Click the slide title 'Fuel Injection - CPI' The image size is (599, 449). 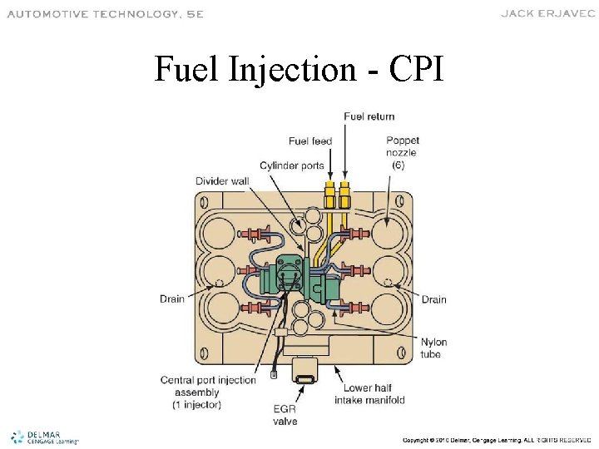299,70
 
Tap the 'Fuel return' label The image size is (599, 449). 369,116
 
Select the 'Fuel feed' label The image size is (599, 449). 310,141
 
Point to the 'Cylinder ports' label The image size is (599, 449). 291,165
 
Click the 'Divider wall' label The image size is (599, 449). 221,181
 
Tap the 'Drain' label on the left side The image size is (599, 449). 173,299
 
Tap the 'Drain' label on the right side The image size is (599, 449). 433,299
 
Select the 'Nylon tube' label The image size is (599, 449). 433,348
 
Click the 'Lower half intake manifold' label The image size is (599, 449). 374,393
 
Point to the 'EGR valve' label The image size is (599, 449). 285,415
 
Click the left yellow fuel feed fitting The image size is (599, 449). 330,197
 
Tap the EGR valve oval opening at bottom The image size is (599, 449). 305,379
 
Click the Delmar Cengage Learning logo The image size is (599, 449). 44,437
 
